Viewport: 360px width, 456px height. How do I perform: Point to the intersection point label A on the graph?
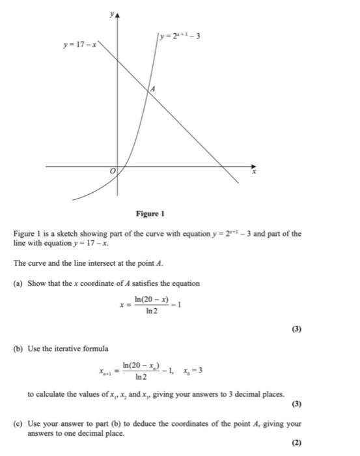click(x=153, y=89)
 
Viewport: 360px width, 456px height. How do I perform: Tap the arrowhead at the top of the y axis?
click(x=118, y=15)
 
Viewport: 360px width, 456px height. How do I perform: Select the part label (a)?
click(x=18, y=283)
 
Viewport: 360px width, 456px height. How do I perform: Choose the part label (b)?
click(x=18, y=349)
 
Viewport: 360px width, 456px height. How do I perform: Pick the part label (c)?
click(x=18, y=423)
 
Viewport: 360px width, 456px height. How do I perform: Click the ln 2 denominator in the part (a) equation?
click(x=150, y=312)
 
